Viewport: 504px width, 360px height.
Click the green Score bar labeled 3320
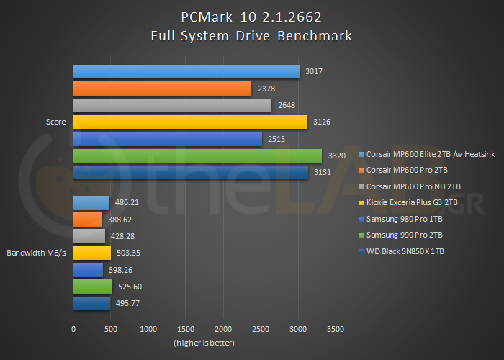pyautogui.click(x=197, y=156)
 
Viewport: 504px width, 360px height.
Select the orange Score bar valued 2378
pyautogui.click(x=162, y=89)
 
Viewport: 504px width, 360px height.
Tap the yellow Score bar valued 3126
pyautogui.click(x=190, y=122)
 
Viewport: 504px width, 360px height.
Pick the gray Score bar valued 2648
pyautogui.click(x=172, y=105)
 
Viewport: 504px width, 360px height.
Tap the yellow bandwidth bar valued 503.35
pyautogui.click(x=92, y=253)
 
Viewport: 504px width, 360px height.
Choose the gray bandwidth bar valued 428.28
pyautogui.click(x=89, y=236)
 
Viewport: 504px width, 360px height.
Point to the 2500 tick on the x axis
pyautogui.click(x=261, y=328)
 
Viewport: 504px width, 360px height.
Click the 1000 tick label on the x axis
pyautogui.click(x=148, y=328)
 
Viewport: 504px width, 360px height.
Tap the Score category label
pyautogui.click(x=55, y=122)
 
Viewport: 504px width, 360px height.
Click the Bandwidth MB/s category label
pyautogui.click(x=37, y=253)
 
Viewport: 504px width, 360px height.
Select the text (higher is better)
pyautogui.click(x=204, y=343)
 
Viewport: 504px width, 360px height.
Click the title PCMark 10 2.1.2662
pyautogui.click(x=252, y=16)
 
